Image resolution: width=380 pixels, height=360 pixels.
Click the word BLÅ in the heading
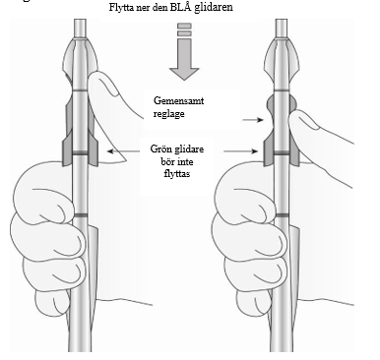pyautogui.click(x=181, y=7)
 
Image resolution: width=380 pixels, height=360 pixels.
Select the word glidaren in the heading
pyautogui.click(x=214, y=7)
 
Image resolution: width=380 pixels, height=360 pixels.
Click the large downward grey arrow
pyautogui.click(x=184, y=51)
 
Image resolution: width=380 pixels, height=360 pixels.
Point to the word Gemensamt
pyautogui.click(x=179, y=100)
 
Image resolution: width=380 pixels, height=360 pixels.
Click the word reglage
pyautogui.click(x=168, y=113)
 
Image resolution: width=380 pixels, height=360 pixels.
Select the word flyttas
pyautogui.click(x=177, y=173)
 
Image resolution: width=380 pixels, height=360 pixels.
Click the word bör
pyautogui.click(x=167, y=161)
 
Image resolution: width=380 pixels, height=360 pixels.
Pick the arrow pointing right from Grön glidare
pyautogui.click(x=240, y=151)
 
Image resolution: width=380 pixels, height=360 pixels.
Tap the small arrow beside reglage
pyautogui.click(x=253, y=120)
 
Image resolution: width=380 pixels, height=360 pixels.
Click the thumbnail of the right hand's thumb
pyautogui.click(x=307, y=121)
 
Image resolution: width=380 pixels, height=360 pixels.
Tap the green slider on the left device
pyautogui.click(x=80, y=153)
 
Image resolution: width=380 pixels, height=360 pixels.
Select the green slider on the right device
pyautogui.click(x=282, y=152)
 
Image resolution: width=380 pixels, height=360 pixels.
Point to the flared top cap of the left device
pyautogui.click(x=80, y=56)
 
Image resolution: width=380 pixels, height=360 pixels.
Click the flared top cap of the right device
pyautogui.click(x=282, y=56)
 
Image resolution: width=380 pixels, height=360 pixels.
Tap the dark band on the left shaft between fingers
pyautogui.click(x=80, y=215)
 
